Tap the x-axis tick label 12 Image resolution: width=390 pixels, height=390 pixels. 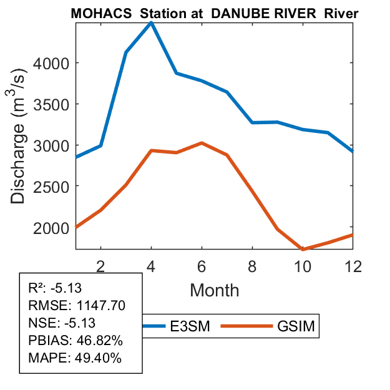pos(353,265)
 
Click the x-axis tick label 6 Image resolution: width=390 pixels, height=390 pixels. pos(202,265)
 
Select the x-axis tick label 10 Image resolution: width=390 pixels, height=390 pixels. pos(303,265)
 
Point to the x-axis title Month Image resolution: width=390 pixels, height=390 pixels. pos(214,290)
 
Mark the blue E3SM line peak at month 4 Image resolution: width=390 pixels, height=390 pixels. pos(151,23)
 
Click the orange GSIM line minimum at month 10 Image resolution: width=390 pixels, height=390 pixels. pos(303,250)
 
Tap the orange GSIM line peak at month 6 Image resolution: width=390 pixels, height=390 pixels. pos(202,143)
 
